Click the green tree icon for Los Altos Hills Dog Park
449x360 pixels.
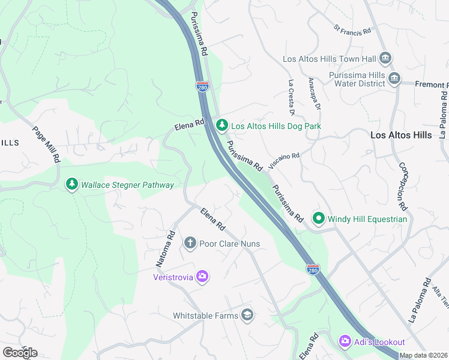[x=222, y=125]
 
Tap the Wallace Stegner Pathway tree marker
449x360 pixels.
[x=72, y=184]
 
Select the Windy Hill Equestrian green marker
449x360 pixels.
[x=318, y=218]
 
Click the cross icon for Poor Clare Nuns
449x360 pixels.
[x=190, y=243]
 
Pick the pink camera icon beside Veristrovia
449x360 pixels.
[x=202, y=276]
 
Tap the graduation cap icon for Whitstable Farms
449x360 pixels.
[x=247, y=315]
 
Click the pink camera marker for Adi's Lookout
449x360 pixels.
[x=345, y=341]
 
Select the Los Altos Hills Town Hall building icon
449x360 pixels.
[x=385, y=59]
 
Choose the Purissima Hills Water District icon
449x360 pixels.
[x=394, y=79]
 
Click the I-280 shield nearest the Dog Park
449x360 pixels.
[x=202, y=87]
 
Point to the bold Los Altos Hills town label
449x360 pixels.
[x=401, y=135]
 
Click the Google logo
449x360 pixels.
[x=20, y=352]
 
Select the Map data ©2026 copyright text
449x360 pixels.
[x=423, y=355]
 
